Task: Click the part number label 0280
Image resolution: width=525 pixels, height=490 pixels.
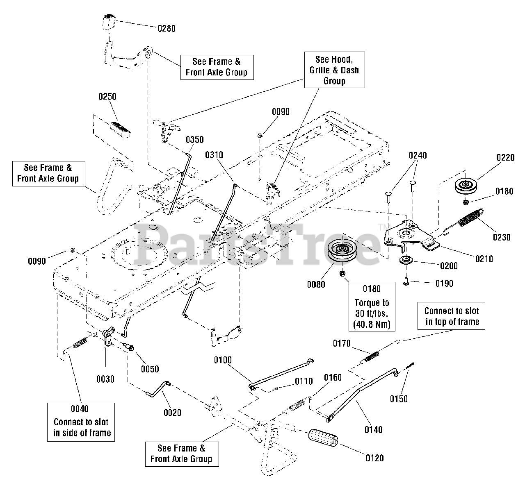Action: point(167,28)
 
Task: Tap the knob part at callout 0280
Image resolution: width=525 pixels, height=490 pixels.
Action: point(108,22)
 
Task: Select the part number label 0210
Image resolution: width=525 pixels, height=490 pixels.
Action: point(484,259)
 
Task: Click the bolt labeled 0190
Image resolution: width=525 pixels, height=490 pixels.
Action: point(406,282)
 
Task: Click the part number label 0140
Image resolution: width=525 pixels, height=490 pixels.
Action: point(373,429)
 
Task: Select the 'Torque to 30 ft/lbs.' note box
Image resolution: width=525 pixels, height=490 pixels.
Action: point(372,307)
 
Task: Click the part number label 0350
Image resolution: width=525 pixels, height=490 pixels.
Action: point(194,140)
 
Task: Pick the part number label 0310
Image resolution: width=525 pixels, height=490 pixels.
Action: point(214,155)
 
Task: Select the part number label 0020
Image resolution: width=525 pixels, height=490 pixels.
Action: point(172,413)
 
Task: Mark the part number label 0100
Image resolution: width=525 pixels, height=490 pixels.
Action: point(223,360)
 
